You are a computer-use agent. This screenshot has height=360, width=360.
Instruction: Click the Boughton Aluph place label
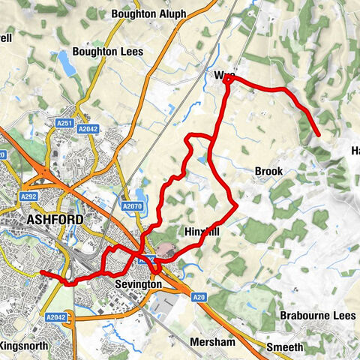148,13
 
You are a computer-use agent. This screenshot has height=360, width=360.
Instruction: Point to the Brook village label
268,172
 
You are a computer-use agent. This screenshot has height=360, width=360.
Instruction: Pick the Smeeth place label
286,346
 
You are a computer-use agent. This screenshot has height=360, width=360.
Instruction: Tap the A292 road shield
29,197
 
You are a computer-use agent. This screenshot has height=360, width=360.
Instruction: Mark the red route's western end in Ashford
41,273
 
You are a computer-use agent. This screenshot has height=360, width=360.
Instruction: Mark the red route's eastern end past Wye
319,135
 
